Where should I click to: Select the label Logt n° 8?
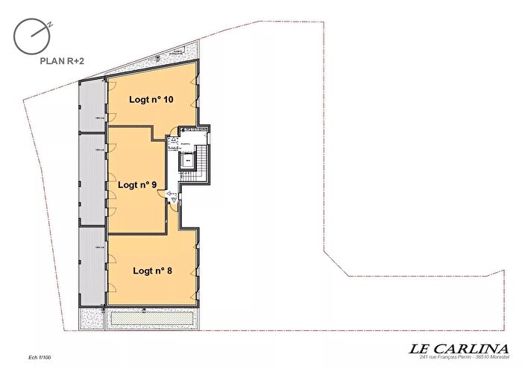152,271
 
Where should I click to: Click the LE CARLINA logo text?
459,348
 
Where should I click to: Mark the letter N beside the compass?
49,23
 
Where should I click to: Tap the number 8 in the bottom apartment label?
170,271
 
